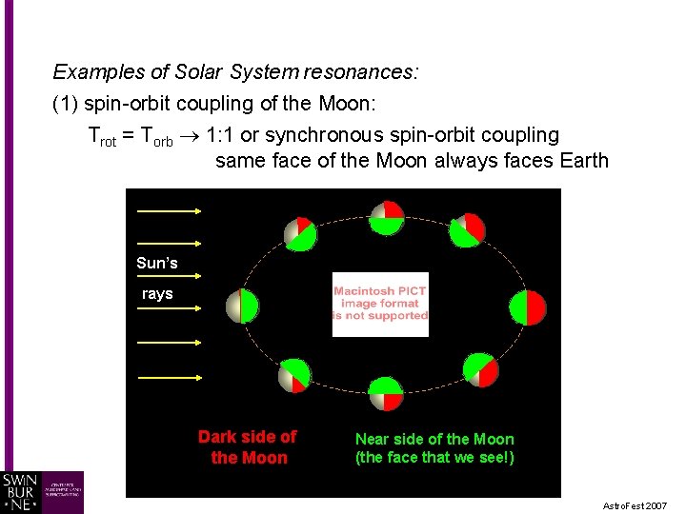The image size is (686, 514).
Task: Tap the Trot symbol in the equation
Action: click(102, 136)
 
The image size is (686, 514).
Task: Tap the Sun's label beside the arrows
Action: click(157, 264)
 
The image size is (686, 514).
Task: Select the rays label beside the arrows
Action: click(157, 294)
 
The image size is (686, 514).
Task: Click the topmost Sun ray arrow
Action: click(169, 210)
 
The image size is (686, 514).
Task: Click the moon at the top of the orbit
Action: click(387, 218)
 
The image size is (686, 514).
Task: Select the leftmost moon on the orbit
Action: click(242, 306)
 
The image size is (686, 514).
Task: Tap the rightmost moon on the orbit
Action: click(528, 306)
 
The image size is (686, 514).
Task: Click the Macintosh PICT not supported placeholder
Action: click(380, 305)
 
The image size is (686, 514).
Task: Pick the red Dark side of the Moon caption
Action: click(248, 447)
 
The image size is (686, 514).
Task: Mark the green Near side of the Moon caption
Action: click(434, 448)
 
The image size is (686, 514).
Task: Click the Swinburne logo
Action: click(43, 492)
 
